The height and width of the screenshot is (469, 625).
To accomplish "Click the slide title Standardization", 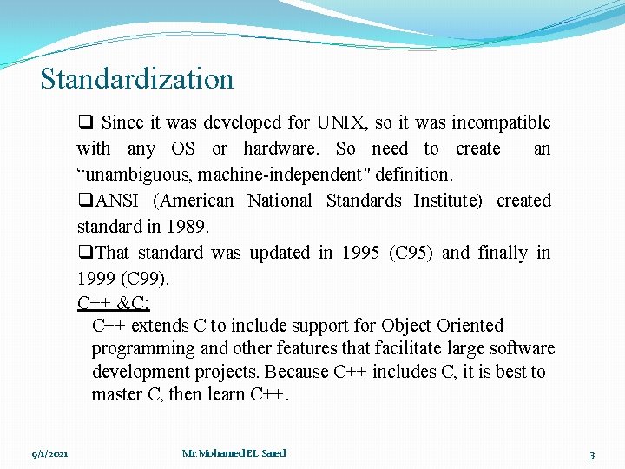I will (x=137, y=79).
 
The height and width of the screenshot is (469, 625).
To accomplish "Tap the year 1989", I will (x=189, y=227).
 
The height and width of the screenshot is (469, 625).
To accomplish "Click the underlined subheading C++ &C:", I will (x=114, y=303).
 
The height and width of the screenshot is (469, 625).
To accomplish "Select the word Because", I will (x=296, y=372).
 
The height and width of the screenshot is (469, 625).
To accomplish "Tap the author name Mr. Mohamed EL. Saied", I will (x=234, y=453).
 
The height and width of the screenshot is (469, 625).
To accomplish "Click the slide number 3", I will (x=591, y=454).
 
